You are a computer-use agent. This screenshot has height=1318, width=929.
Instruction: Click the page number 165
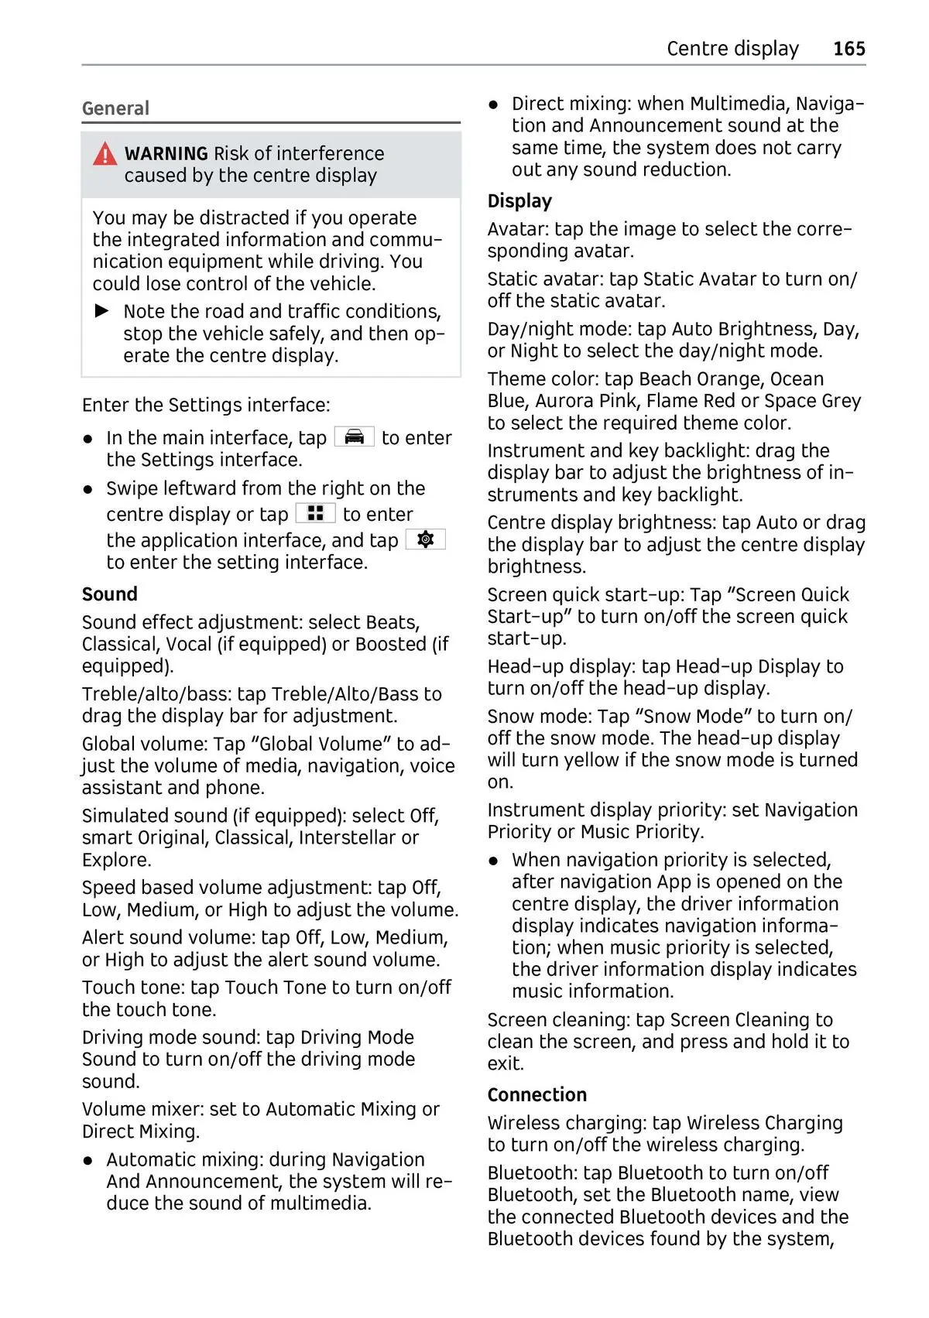tap(848, 49)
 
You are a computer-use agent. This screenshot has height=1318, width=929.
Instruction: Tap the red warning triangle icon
tap(105, 155)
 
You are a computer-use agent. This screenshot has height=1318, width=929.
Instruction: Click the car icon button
tap(354, 437)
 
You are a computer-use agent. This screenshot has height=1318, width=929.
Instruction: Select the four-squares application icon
tap(315, 513)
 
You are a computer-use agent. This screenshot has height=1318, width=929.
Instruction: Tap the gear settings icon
tap(425, 539)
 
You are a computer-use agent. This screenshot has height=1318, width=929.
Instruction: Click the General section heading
tap(115, 108)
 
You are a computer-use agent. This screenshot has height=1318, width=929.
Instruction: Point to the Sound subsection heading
tap(109, 594)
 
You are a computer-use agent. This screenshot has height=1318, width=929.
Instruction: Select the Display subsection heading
tap(519, 201)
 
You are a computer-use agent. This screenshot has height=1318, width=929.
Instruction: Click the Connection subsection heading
tap(536, 1095)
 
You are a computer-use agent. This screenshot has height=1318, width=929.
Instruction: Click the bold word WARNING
tap(166, 153)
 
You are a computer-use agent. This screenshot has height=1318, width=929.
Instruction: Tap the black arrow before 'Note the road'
tap(102, 311)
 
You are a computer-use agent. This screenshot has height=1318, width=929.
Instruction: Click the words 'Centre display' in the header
tap(732, 49)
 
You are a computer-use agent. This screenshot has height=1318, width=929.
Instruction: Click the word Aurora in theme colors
tap(564, 401)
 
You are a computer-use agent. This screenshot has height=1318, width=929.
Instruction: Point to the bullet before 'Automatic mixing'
tap(89, 1160)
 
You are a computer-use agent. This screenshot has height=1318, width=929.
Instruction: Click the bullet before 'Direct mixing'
tap(494, 104)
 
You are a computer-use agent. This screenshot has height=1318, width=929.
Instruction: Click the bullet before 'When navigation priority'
tap(494, 861)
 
